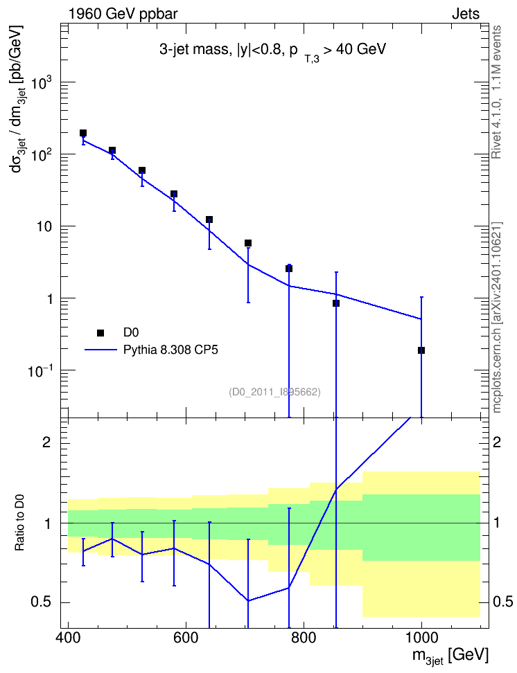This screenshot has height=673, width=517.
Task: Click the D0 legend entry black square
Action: coord(100,332)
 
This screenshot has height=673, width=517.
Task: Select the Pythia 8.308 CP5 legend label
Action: coord(170,350)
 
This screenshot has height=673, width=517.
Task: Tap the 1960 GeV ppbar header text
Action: coord(123,14)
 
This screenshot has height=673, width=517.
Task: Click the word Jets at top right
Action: coord(466,14)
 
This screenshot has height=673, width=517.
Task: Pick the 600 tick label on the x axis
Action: coord(186,638)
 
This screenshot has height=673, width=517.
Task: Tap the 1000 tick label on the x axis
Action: coord(421,638)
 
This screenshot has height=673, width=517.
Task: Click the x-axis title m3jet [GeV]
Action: coord(450,656)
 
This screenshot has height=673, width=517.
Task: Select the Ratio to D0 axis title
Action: coord(19,522)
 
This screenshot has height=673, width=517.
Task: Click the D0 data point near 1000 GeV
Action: coord(421,350)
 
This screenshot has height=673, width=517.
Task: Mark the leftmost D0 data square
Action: coord(83,133)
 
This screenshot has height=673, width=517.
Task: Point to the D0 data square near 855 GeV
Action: coord(336,303)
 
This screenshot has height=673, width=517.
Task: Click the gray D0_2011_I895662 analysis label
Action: coord(274,392)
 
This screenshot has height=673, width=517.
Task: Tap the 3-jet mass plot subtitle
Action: coord(272,51)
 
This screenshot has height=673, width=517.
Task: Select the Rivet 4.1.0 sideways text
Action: coord(496,92)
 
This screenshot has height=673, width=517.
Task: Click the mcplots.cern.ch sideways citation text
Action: coord(496,317)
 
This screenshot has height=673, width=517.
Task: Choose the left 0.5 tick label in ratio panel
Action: coord(42,602)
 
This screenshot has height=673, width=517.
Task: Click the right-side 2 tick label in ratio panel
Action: coord(497,442)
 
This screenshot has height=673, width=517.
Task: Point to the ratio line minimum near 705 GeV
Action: coord(248,600)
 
